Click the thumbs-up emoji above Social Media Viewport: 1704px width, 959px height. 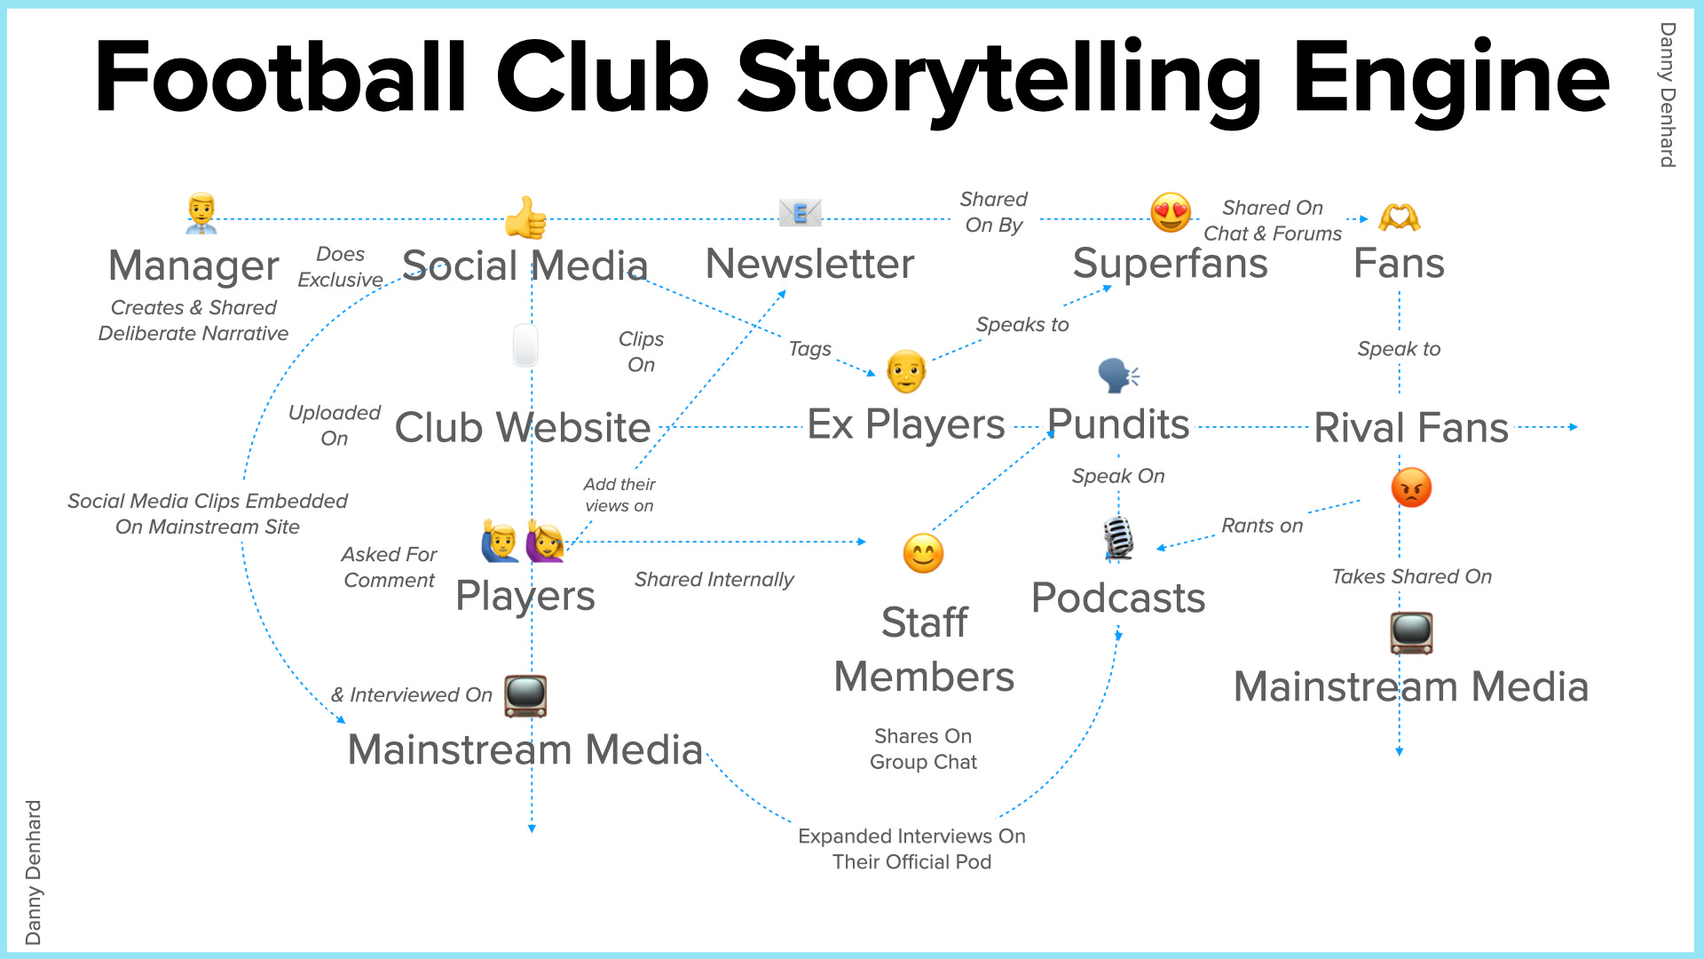click(x=525, y=218)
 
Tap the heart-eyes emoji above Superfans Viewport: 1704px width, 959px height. click(x=1171, y=213)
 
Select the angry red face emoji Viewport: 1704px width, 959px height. click(x=1411, y=487)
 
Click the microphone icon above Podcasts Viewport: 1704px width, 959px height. click(x=1118, y=538)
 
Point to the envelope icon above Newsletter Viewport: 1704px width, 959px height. click(x=800, y=213)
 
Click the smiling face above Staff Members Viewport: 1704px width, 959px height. click(x=923, y=553)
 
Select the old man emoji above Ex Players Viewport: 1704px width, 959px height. click(x=905, y=371)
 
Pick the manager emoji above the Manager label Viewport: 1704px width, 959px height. click(x=201, y=213)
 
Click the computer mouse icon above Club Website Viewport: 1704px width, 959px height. click(x=525, y=345)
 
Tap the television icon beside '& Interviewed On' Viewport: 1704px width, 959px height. click(x=525, y=695)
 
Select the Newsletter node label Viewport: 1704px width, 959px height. click(x=809, y=264)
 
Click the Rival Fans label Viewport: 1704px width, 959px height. click(x=1411, y=427)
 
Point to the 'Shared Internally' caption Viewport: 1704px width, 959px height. click(x=714, y=580)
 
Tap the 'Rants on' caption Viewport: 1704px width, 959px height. click(x=1262, y=526)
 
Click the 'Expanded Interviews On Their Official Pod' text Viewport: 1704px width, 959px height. click(x=911, y=849)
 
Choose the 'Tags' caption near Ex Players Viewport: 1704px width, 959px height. click(x=809, y=349)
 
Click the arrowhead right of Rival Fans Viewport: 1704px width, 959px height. click(x=1574, y=427)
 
